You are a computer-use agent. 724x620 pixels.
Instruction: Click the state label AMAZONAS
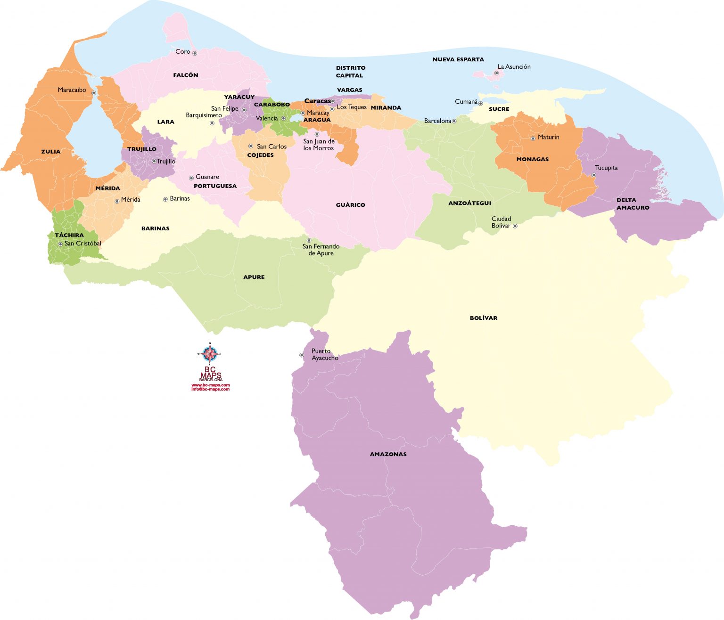click(388, 454)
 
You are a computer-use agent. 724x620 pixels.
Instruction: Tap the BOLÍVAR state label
click(483, 318)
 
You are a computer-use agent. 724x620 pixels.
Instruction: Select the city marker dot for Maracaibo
click(94, 93)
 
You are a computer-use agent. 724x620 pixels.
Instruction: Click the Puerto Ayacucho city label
click(324, 355)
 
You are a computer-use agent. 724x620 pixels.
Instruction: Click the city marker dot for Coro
click(194, 53)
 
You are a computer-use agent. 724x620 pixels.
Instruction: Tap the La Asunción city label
click(514, 67)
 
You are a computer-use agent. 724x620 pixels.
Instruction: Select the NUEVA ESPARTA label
click(458, 59)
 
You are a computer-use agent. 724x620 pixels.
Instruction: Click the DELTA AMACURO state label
click(633, 204)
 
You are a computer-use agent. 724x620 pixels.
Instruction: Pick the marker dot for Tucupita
click(593, 175)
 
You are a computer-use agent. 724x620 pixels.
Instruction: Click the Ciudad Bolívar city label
click(501, 222)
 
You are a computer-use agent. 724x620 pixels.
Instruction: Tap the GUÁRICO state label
click(350, 205)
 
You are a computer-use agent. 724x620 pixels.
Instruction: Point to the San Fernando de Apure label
click(321, 250)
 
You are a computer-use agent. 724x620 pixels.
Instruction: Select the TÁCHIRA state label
click(69, 235)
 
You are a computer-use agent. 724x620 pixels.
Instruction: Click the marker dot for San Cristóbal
click(60, 244)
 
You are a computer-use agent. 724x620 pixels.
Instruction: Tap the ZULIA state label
click(51, 152)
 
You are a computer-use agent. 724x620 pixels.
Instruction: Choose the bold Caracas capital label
click(317, 101)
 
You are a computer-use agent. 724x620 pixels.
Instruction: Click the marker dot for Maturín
click(533, 138)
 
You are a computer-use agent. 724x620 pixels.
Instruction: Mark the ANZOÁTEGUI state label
click(469, 203)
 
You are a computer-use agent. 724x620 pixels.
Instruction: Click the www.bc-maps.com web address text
click(210, 385)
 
